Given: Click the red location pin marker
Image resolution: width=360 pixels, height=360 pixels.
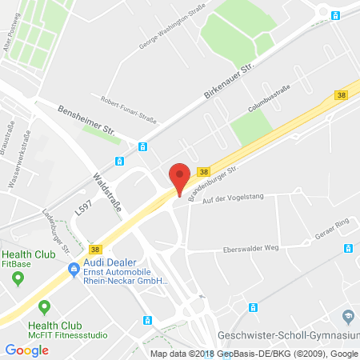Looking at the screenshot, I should coord(180,177).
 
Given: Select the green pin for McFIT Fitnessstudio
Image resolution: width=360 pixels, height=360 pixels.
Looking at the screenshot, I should coord(45,306).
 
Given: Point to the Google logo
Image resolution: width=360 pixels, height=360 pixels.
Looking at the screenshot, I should coord(26,350).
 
